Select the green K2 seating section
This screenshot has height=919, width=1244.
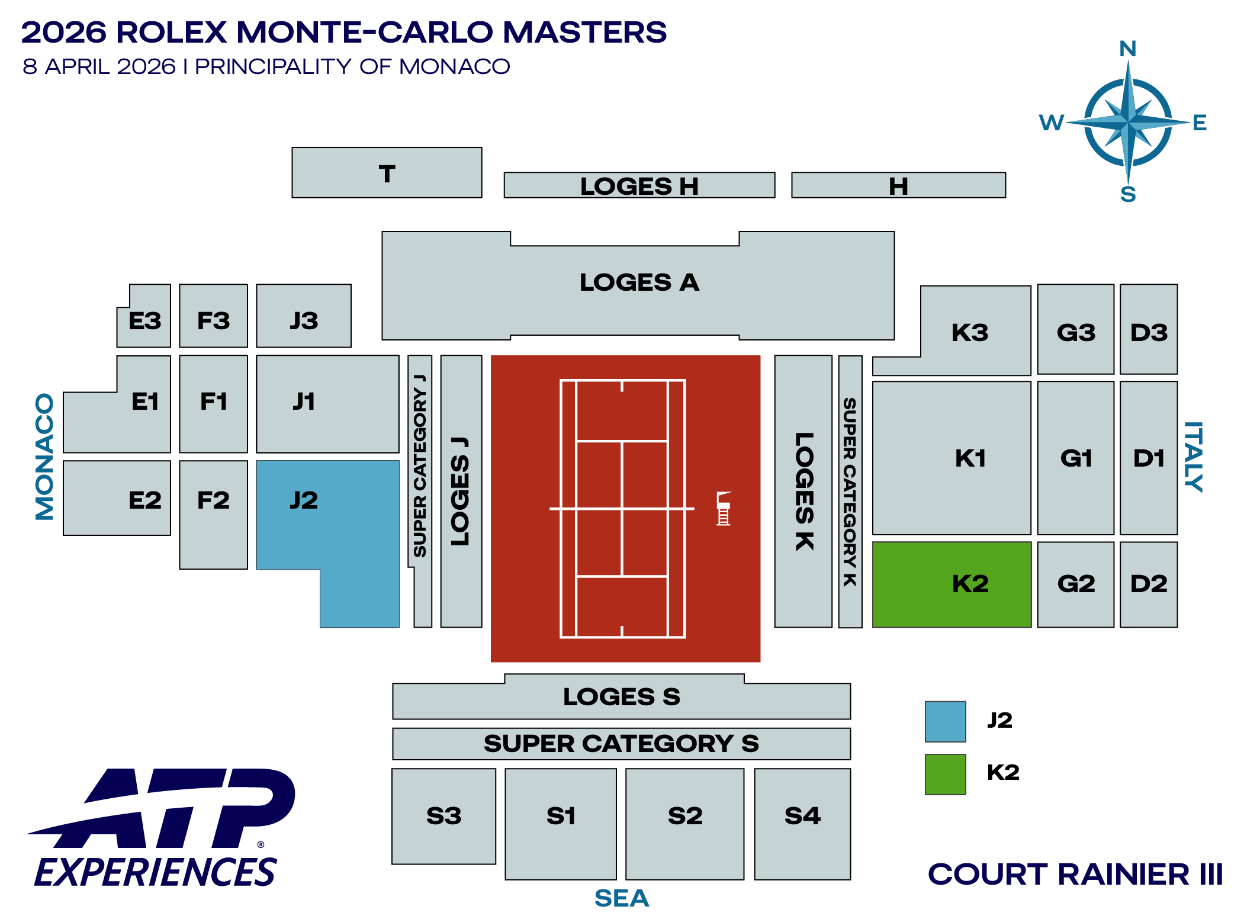[x=952, y=584]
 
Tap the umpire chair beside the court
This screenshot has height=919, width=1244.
[x=723, y=509]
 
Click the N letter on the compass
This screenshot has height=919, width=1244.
[x=1127, y=49]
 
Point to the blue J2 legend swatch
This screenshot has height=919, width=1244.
[x=945, y=721]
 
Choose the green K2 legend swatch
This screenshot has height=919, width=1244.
[x=945, y=774]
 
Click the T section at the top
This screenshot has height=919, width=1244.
[x=387, y=173]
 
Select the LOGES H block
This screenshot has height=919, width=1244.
[x=639, y=185]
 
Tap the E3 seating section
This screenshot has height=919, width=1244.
[x=145, y=320]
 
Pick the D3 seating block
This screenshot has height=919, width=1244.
[x=1148, y=330]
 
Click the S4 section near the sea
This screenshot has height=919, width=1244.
[x=802, y=823]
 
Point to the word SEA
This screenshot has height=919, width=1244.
[x=622, y=898]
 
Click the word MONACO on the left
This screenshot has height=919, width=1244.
[x=45, y=457]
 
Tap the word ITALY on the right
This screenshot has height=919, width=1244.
[x=1193, y=457]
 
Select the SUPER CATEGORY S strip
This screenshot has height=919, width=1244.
[x=621, y=744]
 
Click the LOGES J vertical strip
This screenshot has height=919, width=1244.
[x=461, y=491]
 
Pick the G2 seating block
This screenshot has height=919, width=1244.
[x=1075, y=584]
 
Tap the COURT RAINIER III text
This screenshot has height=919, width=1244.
[x=1075, y=874]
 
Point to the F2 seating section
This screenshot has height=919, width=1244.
[x=213, y=514]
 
